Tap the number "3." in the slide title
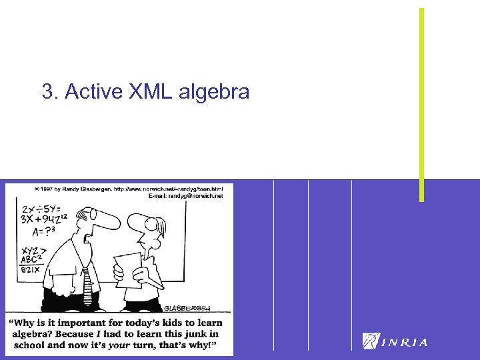pos(49,91)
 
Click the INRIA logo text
pos(405,342)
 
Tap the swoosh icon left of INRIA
pos(371,341)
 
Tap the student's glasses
pos(155,225)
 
